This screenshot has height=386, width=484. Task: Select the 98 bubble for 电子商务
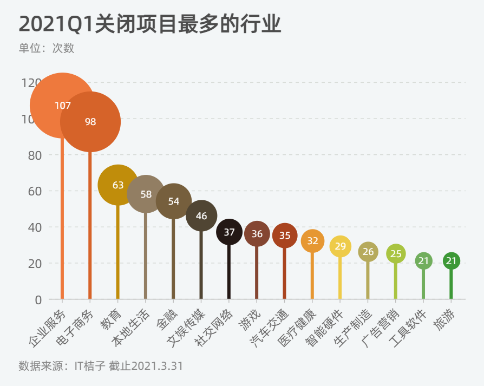click(90, 122)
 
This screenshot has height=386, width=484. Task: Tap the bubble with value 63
click(118, 185)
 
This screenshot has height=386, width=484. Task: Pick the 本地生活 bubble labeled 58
click(146, 194)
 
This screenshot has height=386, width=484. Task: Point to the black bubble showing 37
click(229, 232)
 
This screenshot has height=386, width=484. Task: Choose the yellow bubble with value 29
click(341, 246)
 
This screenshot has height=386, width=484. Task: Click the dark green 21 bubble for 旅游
click(452, 261)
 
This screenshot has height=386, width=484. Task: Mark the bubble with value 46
click(201, 215)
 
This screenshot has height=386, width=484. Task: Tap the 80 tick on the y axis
click(34, 155)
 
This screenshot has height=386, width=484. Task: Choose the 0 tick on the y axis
click(38, 299)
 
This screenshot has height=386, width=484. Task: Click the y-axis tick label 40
click(34, 227)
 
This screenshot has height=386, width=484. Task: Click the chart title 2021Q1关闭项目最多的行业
click(150, 24)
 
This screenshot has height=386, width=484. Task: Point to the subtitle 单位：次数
click(47, 48)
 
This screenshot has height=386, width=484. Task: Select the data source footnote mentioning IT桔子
click(101, 366)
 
